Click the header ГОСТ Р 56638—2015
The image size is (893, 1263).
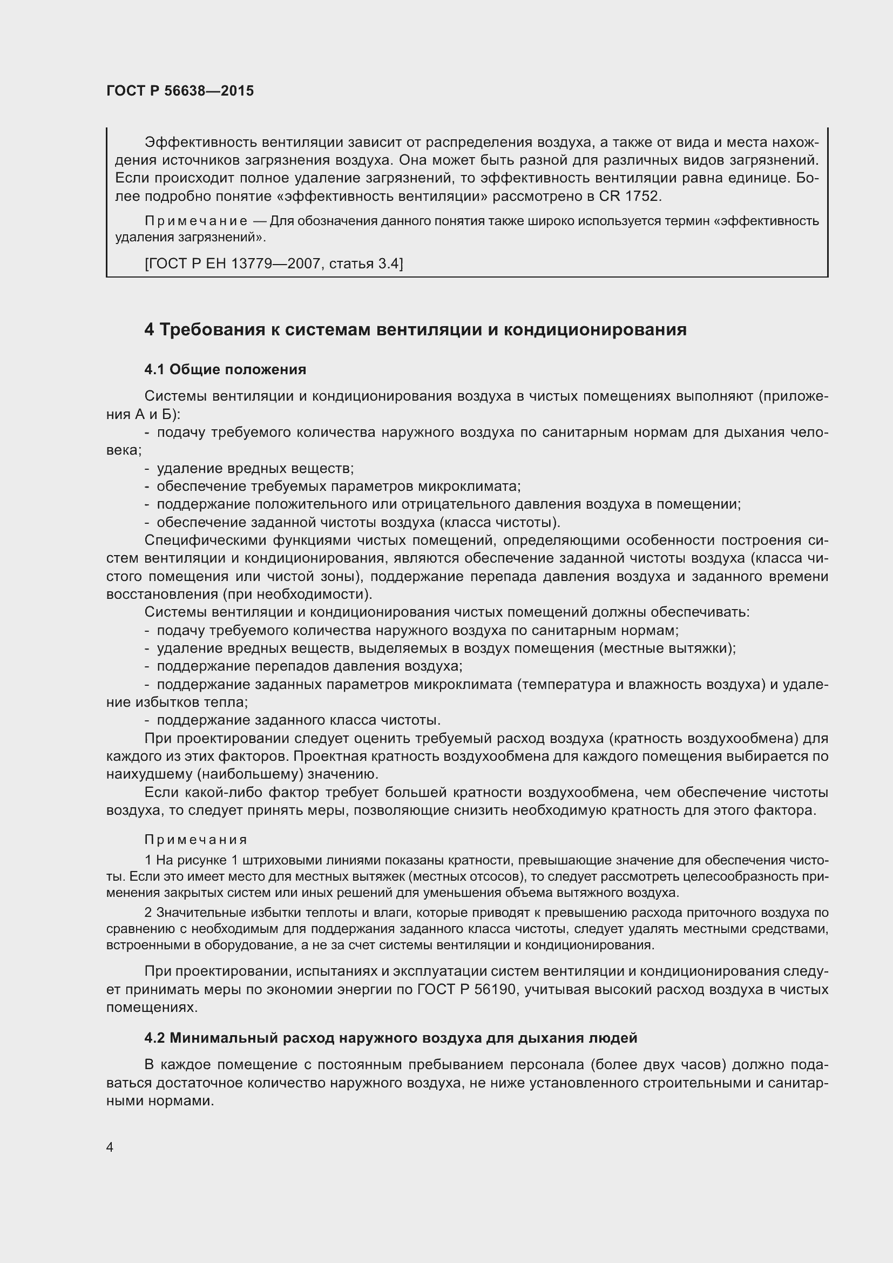pyautogui.click(x=180, y=91)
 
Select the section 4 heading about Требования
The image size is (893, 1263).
pyautogui.click(x=415, y=329)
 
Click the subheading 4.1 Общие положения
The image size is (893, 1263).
pyautogui.click(x=225, y=370)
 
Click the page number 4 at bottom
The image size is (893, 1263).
pyautogui.click(x=110, y=1147)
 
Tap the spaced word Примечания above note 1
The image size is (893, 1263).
pyautogui.click(x=196, y=840)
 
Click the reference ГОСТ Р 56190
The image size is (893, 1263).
pyautogui.click(x=466, y=990)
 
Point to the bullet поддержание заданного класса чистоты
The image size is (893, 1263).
pyautogui.click(x=299, y=721)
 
